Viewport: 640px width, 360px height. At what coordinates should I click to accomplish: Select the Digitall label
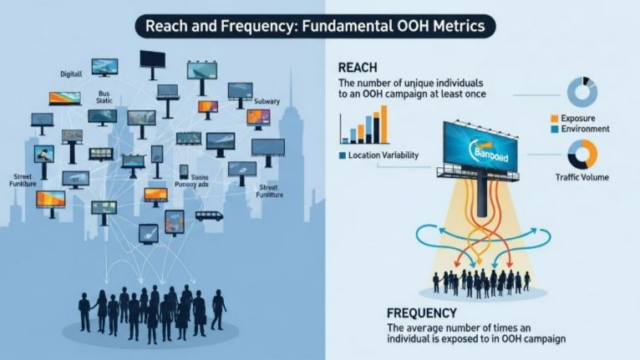pyautogui.click(x=71, y=74)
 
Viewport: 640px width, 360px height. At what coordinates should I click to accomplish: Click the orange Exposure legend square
pyautogui.click(x=554, y=119)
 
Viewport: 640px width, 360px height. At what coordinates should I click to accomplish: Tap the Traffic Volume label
pyautogui.click(x=582, y=177)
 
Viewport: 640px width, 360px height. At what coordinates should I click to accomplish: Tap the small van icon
pyautogui.click(x=209, y=215)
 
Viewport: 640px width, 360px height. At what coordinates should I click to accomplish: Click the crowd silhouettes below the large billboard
pyautogui.click(x=481, y=281)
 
